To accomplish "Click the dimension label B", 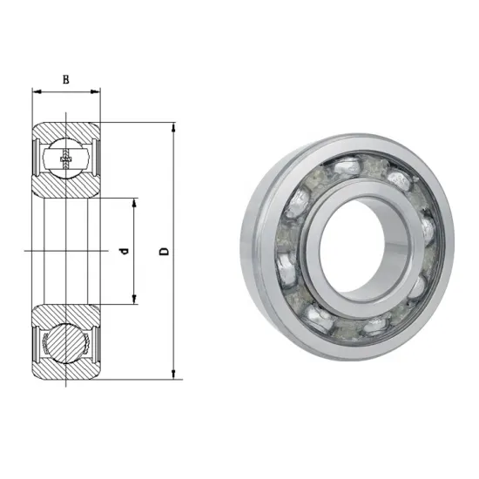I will click(65, 79).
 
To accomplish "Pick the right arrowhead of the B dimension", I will click(97, 91).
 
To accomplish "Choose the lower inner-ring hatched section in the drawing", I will click(65, 314).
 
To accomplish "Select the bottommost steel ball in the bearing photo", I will click(366, 325).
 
